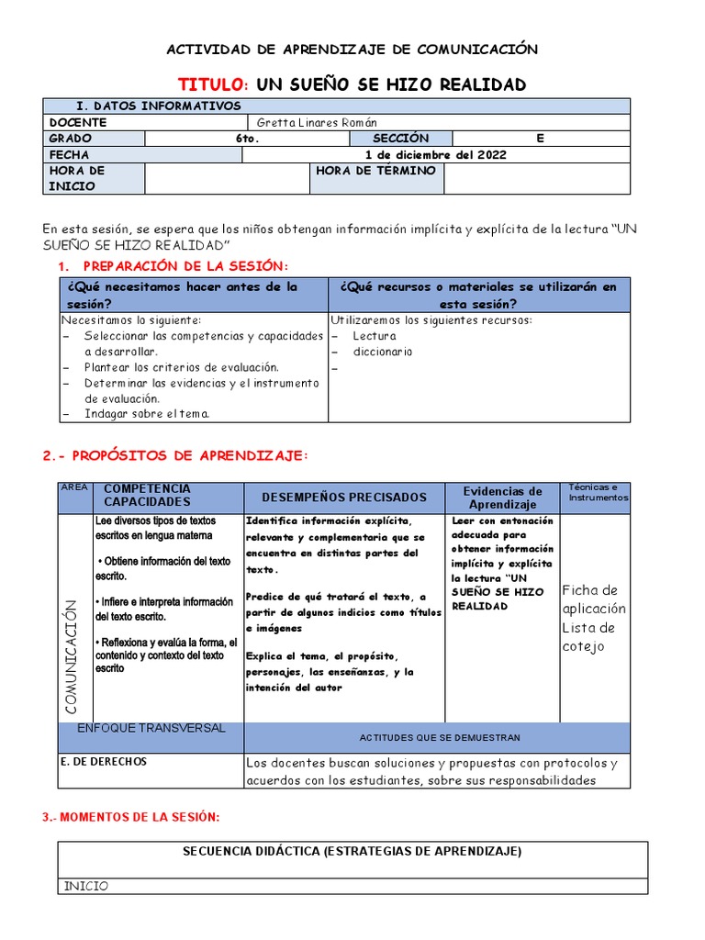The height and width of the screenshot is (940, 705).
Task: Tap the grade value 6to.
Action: click(x=247, y=139)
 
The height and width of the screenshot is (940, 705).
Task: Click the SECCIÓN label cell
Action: click(x=401, y=139)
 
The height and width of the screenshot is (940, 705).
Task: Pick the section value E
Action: click(x=540, y=139)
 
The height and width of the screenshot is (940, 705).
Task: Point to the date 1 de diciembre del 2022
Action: click(x=436, y=155)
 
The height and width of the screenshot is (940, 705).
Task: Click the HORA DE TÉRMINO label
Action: click(x=375, y=172)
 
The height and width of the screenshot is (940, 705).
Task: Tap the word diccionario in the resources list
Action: click(x=383, y=352)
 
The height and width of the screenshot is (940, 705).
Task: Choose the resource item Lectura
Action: click(x=375, y=336)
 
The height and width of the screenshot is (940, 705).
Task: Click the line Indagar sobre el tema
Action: click(x=147, y=414)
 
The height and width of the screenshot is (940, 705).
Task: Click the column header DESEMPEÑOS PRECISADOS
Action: click(x=344, y=498)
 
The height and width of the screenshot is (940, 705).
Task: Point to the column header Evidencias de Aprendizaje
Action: click(x=502, y=498)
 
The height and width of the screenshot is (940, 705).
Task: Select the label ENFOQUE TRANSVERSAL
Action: click(x=151, y=728)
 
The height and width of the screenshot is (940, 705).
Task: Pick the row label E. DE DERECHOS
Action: click(x=103, y=762)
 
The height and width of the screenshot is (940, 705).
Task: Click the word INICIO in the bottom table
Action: click(x=86, y=887)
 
